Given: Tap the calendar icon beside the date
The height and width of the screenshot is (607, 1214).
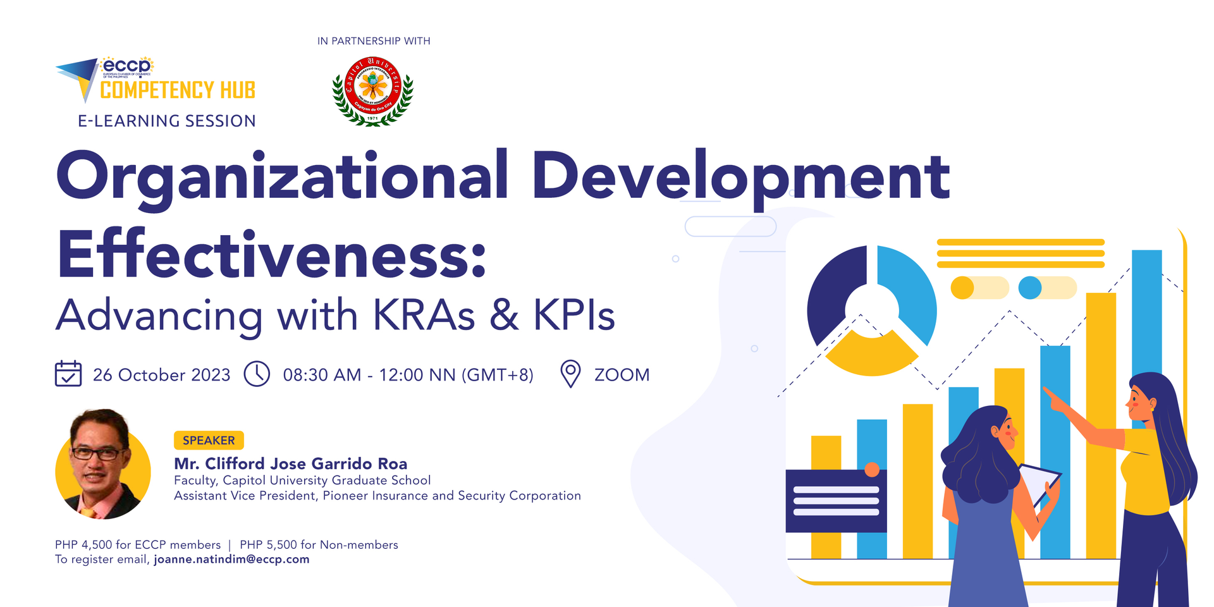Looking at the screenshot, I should tap(68, 374).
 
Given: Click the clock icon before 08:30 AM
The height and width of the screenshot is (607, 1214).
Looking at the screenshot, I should tap(257, 374).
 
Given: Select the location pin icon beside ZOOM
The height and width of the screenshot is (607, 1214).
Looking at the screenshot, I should tap(570, 374).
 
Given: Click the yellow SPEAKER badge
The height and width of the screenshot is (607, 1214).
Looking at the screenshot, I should tap(209, 440).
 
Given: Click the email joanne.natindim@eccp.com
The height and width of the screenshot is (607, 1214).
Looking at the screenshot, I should tap(231, 560).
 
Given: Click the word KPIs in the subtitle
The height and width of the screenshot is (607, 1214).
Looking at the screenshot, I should tap(574, 315).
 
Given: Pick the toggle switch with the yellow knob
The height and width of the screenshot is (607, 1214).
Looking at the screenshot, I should tap(979, 288).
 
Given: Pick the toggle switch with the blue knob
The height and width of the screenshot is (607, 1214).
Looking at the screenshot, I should tap(1047, 288).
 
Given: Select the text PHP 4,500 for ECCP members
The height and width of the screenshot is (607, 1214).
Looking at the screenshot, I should tap(138, 545).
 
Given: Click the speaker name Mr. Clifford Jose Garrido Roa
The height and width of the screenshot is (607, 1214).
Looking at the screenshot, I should tap(291, 463).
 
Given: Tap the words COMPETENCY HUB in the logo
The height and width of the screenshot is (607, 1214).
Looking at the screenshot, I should tap(178, 90).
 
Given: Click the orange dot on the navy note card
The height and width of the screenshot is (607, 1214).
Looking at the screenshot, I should tap(872, 469).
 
